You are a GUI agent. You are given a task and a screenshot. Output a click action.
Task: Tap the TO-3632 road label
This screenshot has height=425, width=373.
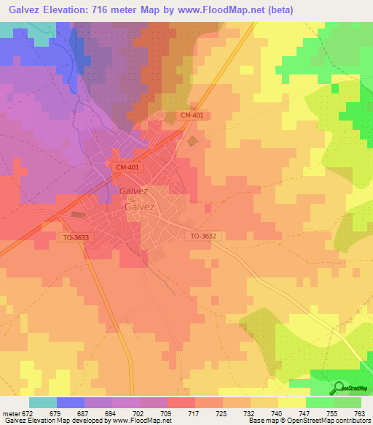[x=204, y=236]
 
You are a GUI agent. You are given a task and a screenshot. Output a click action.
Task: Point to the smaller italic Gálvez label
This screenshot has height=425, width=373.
[x=133, y=191]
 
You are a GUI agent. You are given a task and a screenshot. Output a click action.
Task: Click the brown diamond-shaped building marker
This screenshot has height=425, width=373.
[x=192, y=140]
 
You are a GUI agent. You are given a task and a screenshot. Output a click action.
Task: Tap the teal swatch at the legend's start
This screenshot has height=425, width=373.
[x=42, y=402]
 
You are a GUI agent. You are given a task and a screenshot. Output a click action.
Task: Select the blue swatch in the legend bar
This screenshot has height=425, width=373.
[x=70, y=402]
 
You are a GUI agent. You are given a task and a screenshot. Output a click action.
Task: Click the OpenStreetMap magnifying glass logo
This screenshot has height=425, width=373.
[x=338, y=388]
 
